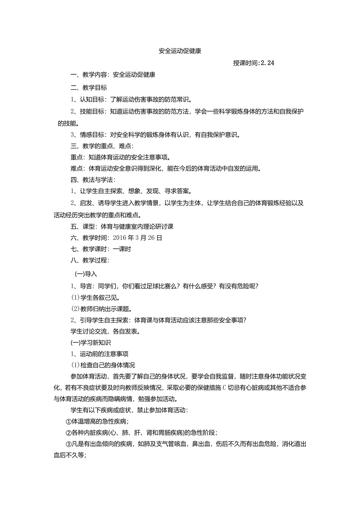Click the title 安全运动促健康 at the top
coord(180,51)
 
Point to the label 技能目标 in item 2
coord(93,112)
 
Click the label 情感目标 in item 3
coord(93,135)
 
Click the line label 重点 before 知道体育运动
coord(76,158)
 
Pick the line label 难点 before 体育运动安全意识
coord(76,169)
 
